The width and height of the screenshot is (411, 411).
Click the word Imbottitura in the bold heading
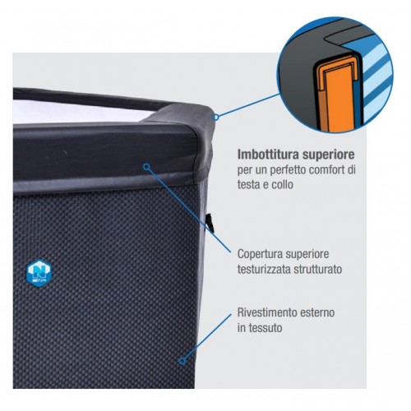[268, 155]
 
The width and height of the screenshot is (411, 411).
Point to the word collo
[282, 185]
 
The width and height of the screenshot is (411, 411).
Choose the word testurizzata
[264, 269]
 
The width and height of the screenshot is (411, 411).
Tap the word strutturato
[318, 269]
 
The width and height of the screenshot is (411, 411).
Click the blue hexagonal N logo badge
[39, 273]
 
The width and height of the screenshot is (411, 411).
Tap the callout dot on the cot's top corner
[216, 118]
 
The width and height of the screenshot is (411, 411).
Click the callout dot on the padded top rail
[147, 167]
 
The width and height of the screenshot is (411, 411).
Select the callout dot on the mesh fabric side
[182, 361]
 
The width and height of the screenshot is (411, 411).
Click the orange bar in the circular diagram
[339, 99]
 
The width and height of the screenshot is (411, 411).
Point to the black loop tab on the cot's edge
[210, 223]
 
